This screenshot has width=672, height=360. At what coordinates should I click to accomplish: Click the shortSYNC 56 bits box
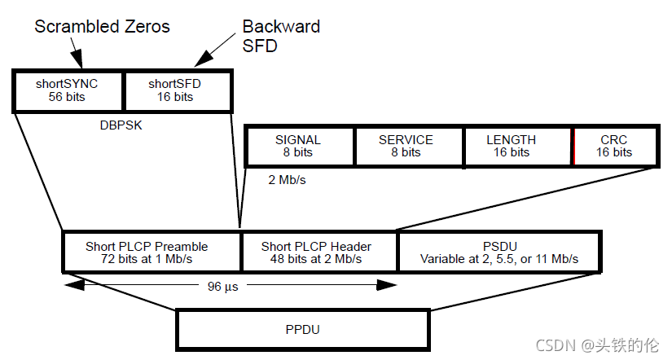[x=68, y=90]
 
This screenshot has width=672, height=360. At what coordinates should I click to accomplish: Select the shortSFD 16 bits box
[x=177, y=90]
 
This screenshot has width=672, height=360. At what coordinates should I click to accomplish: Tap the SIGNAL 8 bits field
[x=298, y=146]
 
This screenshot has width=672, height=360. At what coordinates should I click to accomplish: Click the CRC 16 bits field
[x=615, y=146]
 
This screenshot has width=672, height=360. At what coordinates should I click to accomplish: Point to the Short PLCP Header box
[x=318, y=252]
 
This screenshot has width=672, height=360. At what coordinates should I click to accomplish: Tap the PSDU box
[x=499, y=252]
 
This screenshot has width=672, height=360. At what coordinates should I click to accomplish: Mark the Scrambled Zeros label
[x=102, y=27]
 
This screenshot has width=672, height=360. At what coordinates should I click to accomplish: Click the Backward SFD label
[x=280, y=36]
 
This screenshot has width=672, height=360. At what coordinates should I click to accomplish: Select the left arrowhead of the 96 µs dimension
[x=72, y=286]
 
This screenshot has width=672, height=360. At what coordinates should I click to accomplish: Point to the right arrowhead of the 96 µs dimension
[x=389, y=286]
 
